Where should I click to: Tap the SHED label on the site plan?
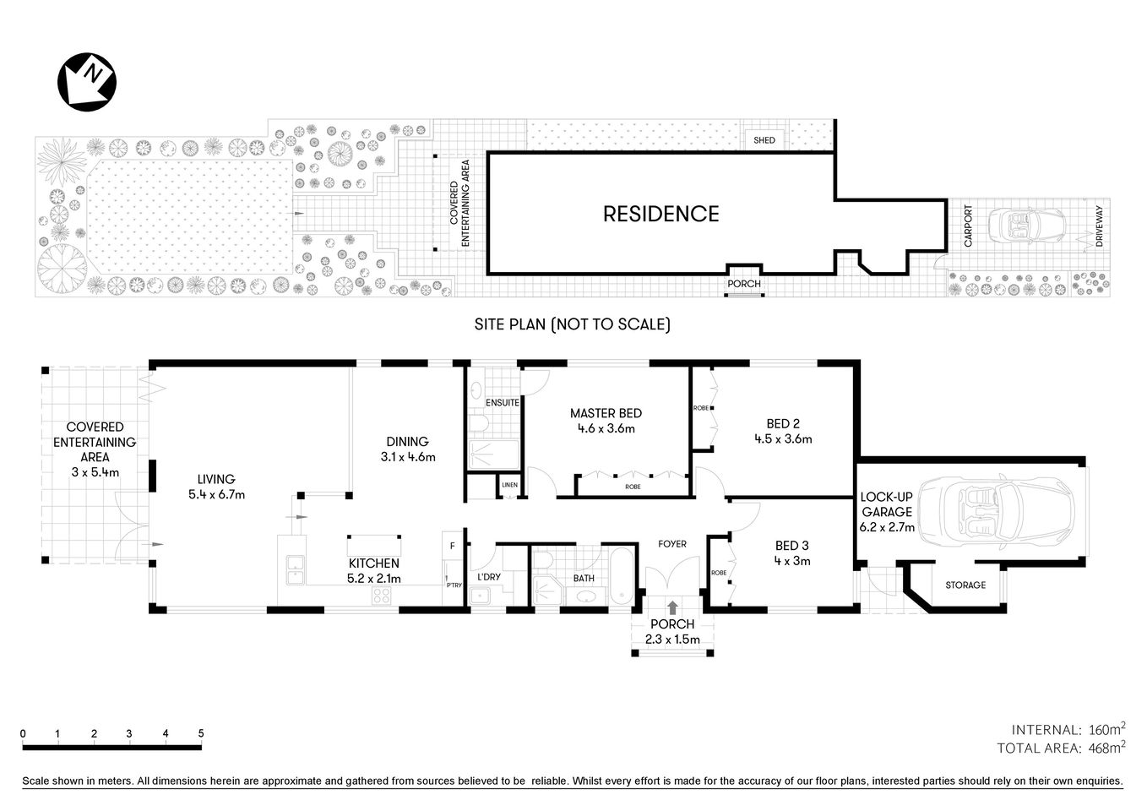764,140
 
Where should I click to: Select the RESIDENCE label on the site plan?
660,214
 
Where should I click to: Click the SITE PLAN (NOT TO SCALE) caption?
572,324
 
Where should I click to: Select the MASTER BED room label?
605,413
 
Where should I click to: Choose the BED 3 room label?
781,546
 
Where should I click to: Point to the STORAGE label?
965,585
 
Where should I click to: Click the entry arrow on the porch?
672,607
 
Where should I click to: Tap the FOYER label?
672,544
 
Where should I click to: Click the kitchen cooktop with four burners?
382,596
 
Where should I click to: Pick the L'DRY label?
488,578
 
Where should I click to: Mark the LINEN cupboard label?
508,485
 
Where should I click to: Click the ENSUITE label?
503,403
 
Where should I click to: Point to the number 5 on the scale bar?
201,733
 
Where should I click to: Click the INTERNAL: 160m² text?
1068,729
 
